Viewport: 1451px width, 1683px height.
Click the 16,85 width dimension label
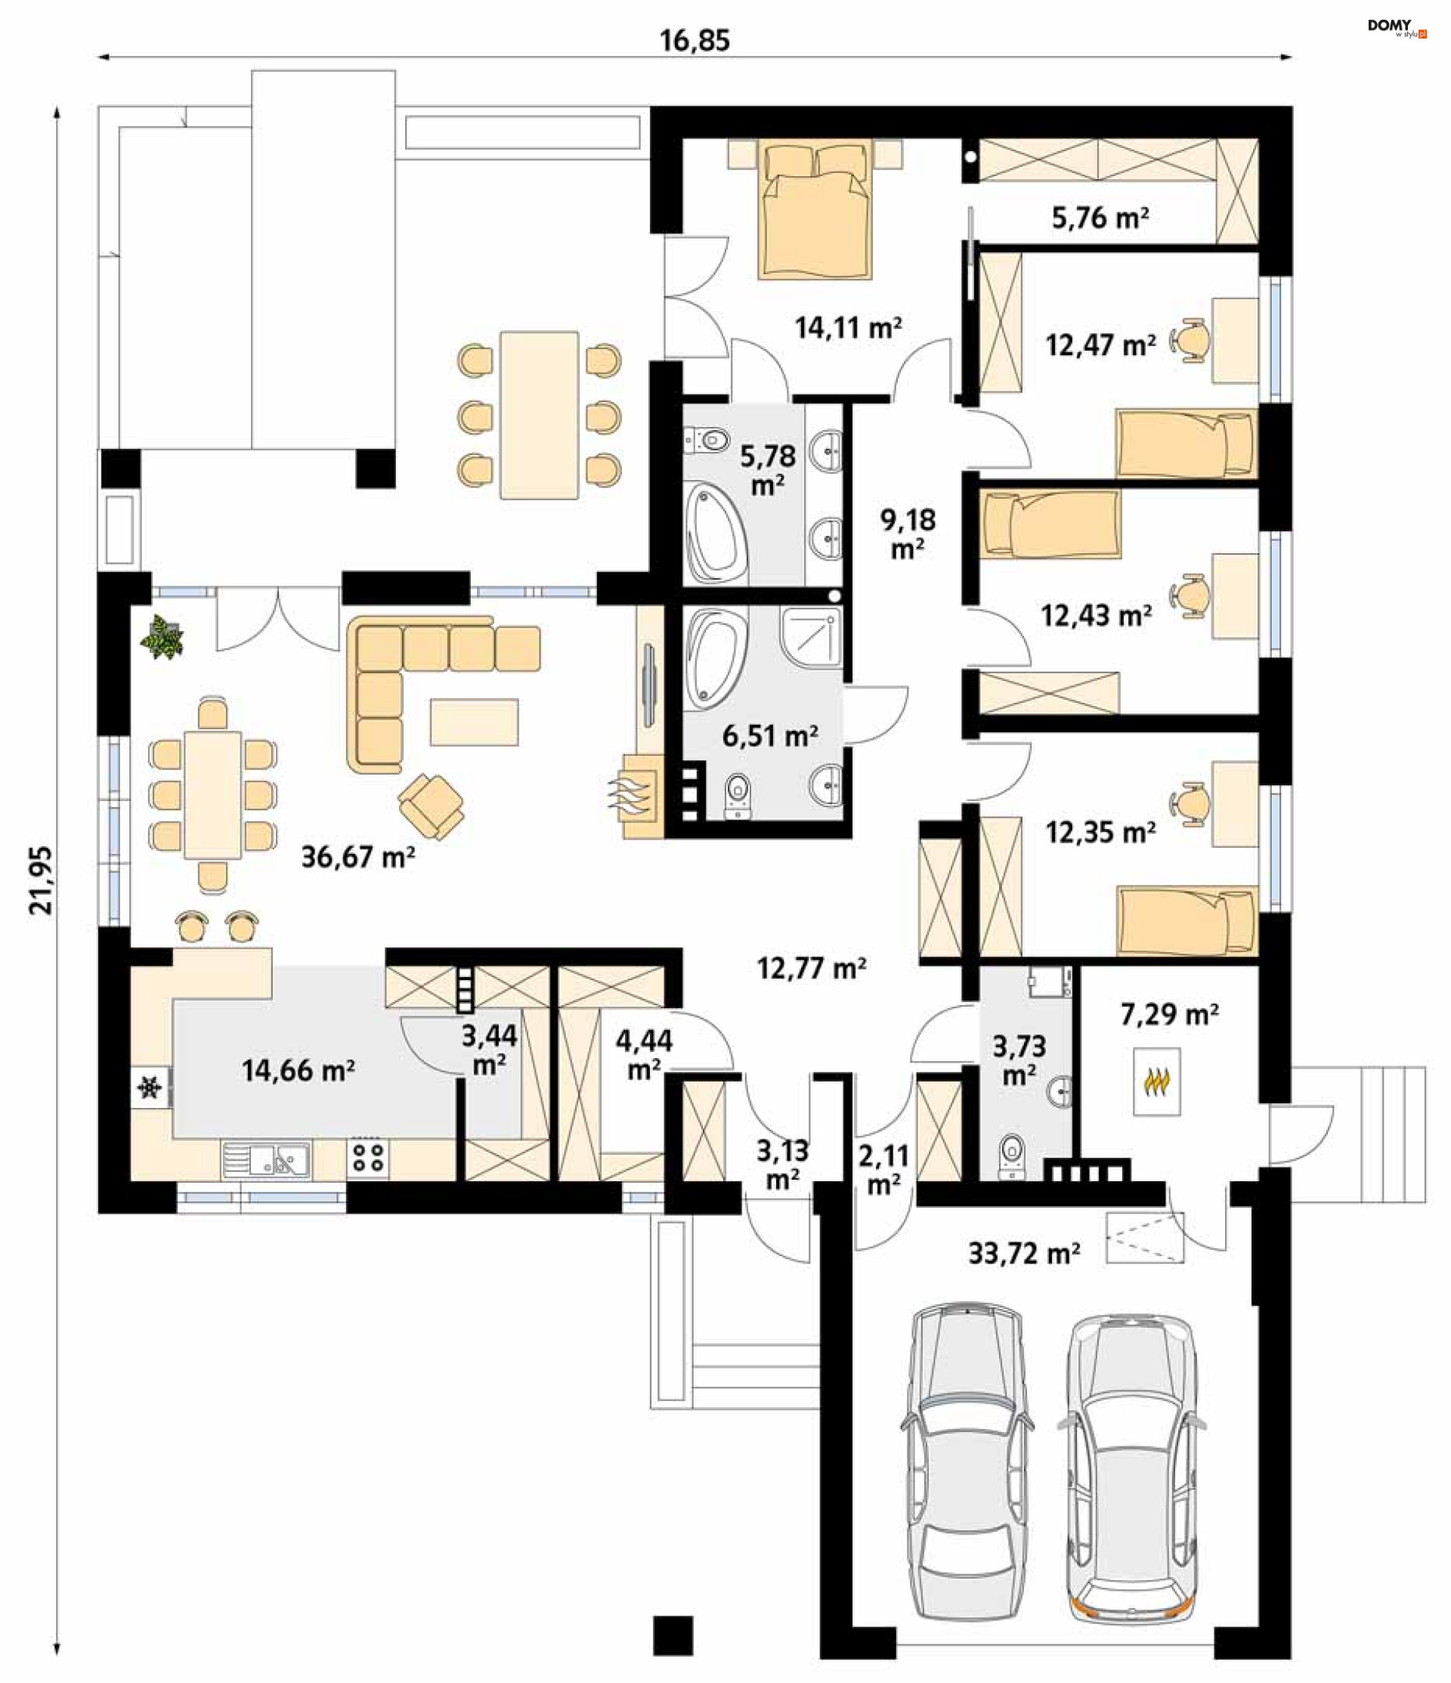695,40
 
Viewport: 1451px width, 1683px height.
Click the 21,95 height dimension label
41,880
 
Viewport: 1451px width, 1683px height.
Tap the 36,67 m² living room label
358,857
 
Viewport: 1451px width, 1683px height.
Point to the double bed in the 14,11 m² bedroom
815,209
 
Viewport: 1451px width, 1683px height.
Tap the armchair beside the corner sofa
432,806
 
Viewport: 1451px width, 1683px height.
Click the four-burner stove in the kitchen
368,1159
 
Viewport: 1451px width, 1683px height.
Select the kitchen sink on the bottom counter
267,1159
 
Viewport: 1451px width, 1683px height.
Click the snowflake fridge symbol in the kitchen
150,1087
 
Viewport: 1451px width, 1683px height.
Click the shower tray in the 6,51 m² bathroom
811,638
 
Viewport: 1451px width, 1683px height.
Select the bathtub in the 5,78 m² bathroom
715,532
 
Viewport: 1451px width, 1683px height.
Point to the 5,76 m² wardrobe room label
1100,218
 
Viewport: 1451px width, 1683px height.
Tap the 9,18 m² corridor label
908,534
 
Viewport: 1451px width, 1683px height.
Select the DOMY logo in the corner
1397,29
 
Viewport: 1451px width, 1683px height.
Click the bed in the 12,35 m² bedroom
1188,920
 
